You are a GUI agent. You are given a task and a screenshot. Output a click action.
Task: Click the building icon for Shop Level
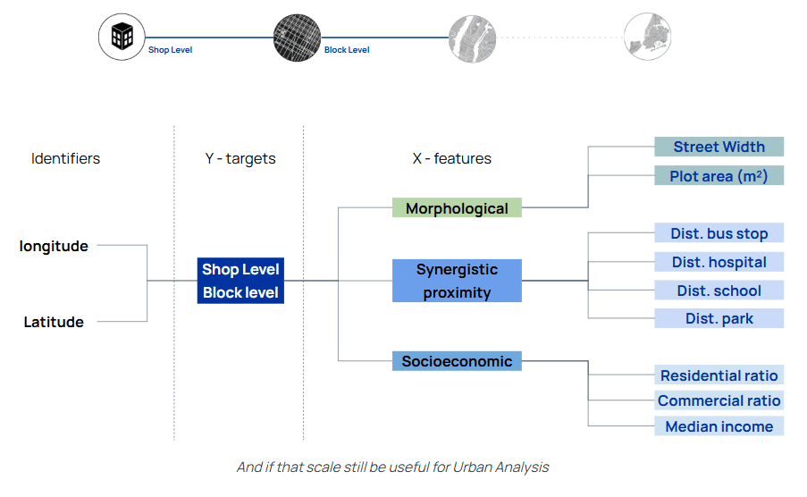pos(122,37)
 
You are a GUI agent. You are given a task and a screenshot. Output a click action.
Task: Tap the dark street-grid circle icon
pos(297,38)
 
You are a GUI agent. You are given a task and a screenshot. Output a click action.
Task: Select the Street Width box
pos(719,147)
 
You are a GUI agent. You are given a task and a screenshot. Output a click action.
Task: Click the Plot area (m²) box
pos(719,175)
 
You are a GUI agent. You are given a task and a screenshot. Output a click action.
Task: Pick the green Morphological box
pos(457,208)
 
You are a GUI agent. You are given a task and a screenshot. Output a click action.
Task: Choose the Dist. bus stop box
pos(719,232)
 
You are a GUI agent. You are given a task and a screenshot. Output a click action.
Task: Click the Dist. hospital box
pos(719,262)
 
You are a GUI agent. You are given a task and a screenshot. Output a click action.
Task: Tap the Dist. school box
pos(719,290)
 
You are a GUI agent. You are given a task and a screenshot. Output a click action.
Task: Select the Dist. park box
pos(719,318)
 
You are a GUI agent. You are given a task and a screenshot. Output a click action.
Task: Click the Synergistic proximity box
pos(457,281)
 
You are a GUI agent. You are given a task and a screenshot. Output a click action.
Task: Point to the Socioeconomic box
pos(457,361)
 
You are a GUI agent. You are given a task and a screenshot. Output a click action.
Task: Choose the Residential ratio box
pos(719,375)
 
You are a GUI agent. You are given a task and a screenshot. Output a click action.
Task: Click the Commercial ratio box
pos(719,400)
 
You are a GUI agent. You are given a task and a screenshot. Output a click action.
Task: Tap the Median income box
pos(719,425)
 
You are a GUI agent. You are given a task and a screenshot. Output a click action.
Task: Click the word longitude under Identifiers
pos(54,246)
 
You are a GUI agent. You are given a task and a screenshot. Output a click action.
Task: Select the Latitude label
pos(54,322)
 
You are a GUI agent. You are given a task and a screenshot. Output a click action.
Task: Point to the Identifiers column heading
pos(65,158)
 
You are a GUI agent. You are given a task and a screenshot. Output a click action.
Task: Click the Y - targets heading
pos(240,158)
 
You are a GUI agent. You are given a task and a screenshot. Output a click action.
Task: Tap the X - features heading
pos(452,158)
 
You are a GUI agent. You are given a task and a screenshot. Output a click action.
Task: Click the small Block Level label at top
pos(347,50)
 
